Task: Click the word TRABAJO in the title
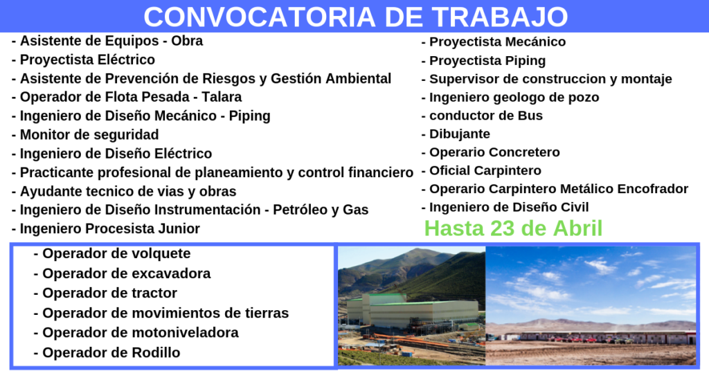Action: click(x=500, y=17)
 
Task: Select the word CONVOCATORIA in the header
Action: click(x=260, y=17)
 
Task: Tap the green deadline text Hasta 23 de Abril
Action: click(x=513, y=228)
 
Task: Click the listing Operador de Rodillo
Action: click(x=111, y=352)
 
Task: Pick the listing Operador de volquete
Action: click(x=116, y=253)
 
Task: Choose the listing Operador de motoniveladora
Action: click(x=140, y=333)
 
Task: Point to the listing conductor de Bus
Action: click(x=485, y=116)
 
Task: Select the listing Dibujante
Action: click(x=460, y=134)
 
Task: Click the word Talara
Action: click(x=222, y=97)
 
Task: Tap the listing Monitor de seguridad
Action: click(x=89, y=135)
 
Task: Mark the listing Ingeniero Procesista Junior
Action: click(x=110, y=228)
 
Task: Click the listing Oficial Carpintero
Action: click(x=485, y=171)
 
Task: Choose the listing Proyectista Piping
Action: click(x=487, y=60)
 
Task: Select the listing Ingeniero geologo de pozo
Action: click(x=514, y=98)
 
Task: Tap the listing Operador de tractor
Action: click(x=109, y=293)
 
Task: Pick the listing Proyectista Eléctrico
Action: click(x=87, y=60)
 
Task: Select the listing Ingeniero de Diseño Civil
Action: click(x=509, y=208)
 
